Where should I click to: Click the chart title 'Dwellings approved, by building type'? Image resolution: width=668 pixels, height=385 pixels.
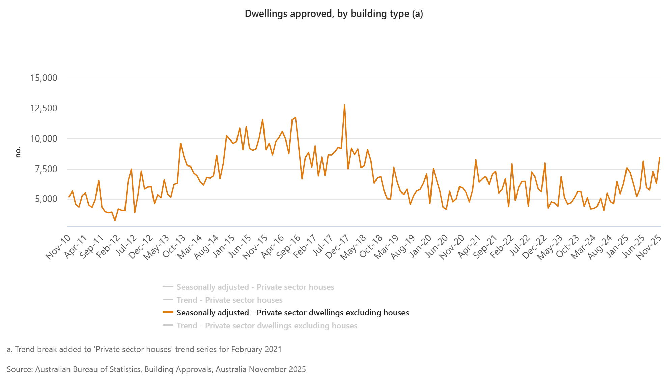(x=334, y=14)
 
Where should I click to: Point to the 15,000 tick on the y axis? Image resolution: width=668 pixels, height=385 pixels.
(x=44, y=78)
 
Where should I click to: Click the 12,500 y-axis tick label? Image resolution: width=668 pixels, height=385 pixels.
(x=44, y=108)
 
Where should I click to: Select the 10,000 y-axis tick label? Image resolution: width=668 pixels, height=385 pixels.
(x=44, y=138)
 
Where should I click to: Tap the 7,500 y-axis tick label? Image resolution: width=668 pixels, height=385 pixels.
(x=46, y=169)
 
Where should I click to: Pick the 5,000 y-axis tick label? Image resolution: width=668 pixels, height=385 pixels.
(x=46, y=199)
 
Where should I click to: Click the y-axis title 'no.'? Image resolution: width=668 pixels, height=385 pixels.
(x=18, y=152)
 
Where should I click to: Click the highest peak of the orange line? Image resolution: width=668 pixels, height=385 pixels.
(x=344, y=105)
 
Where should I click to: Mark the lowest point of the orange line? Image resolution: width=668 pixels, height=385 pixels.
(x=115, y=221)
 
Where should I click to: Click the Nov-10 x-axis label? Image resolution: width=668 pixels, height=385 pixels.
(x=58, y=247)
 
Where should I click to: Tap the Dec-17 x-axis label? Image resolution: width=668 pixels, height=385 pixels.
(x=337, y=247)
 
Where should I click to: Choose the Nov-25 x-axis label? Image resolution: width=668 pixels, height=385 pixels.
(x=648, y=247)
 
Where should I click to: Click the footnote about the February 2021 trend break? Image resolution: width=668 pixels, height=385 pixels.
(x=144, y=349)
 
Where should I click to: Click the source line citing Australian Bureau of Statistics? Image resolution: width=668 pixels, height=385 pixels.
(x=156, y=369)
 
